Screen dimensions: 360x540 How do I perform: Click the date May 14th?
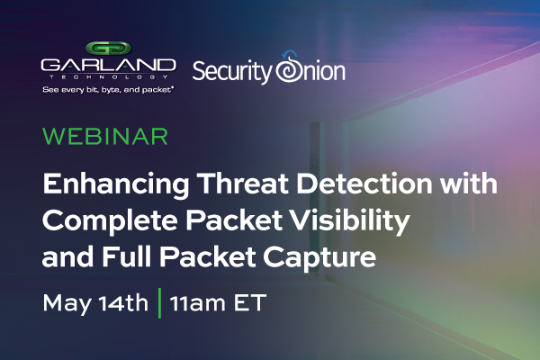(x=95, y=302)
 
